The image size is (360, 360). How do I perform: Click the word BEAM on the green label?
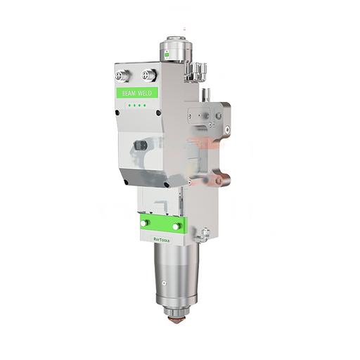tap(129, 94)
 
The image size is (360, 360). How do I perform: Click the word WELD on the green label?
tap(145, 94)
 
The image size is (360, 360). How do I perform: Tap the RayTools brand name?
tap(162, 240)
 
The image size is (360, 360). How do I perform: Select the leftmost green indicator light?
tap(129, 105)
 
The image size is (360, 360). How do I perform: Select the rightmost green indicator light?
tap(145, 105)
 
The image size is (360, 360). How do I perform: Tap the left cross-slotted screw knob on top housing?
tap(122, 76)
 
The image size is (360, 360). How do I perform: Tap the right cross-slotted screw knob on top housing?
tap(148, 75)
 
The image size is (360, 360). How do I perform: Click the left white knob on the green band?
tap(145, 223)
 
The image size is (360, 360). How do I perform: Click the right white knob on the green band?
tap(176, 226)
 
